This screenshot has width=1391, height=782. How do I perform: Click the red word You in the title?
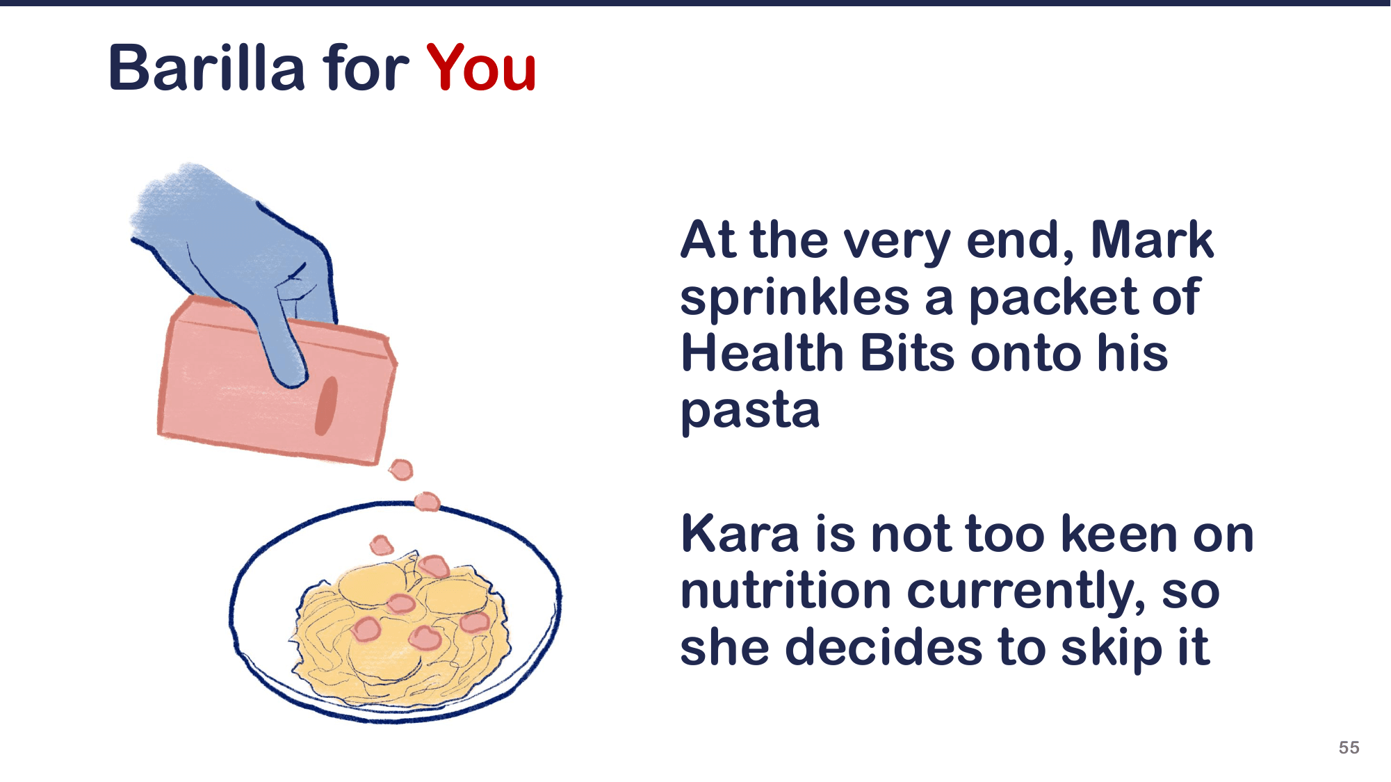[481, 68]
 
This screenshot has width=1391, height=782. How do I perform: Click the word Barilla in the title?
[206, 68]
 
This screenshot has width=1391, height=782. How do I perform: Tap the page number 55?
[1349, 747]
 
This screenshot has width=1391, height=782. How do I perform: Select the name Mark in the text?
[1152, 241]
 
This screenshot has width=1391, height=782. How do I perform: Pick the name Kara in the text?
[740, 535]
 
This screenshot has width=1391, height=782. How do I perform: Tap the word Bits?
[907, 353]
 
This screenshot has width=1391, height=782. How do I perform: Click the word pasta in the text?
[750, 410]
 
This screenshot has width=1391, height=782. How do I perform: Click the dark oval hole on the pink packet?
[326, 405]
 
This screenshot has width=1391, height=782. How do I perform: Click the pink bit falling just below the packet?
[401, 470]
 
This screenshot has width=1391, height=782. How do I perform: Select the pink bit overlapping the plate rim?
[427, 501]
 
